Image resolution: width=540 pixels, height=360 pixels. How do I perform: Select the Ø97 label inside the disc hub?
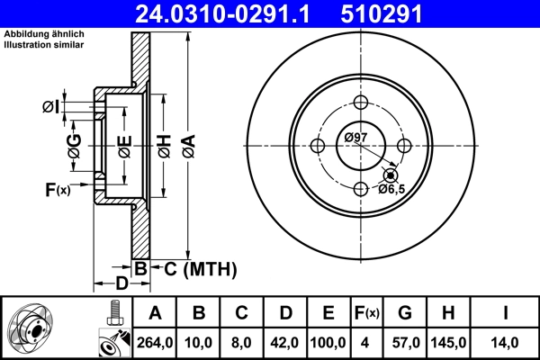[x=355, y=137]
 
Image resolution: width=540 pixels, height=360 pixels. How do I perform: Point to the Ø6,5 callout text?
[x=393, y=189]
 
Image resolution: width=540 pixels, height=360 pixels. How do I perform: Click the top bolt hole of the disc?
[x=361, y=103]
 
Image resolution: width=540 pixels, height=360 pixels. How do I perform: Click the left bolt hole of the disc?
[x=318, y=146]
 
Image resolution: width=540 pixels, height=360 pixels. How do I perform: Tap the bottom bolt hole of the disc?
[x=361, y=189]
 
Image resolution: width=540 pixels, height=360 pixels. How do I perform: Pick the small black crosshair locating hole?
[x=389, y=175]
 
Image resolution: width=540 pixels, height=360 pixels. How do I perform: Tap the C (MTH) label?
[x=193, y=267]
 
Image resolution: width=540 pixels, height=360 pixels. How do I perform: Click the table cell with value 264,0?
[x=155, y=342]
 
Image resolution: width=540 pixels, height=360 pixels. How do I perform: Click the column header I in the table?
[x=504, y=313]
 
